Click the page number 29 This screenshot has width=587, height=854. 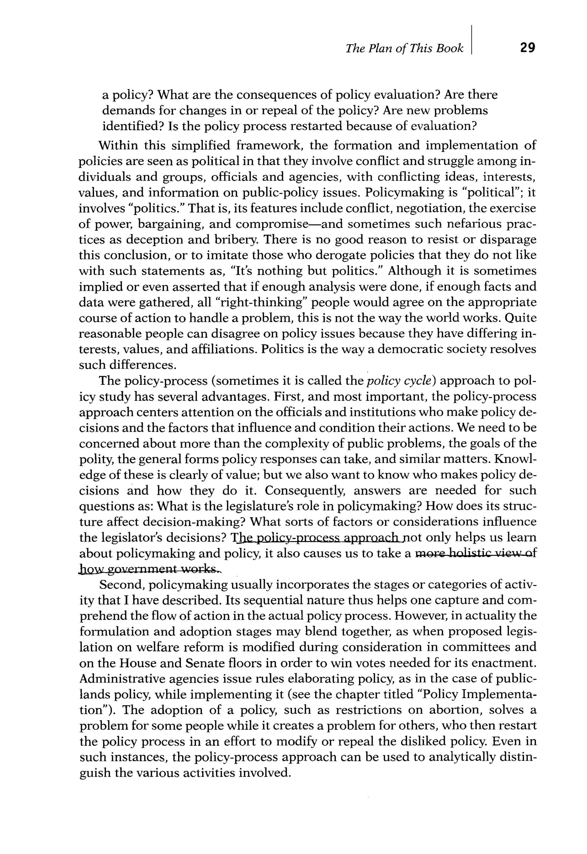pos(527,48)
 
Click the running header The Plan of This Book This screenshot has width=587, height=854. pos(404,48)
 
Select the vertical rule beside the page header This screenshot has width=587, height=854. pos(471,40)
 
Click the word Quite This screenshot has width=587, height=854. pos(521,318)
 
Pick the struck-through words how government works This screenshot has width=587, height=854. pos(150,569)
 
